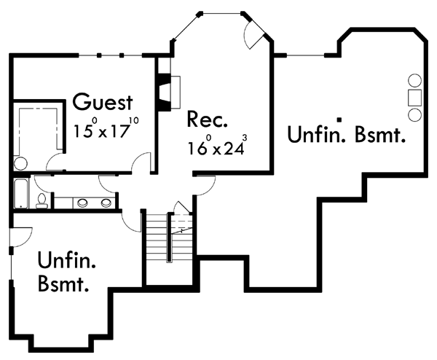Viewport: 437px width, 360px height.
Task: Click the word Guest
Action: (x=103, y=102)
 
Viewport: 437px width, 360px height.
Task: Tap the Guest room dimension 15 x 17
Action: (x=106, y=128)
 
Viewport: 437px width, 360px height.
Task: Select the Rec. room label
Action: (x=207, y=119)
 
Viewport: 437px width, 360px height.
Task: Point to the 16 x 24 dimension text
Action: (x=217, y=146)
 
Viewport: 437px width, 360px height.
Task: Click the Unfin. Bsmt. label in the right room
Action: (x=346, y=134)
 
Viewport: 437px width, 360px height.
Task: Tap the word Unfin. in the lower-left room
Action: (x=66, y=260)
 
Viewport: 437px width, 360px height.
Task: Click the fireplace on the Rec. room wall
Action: (x=168, y=93)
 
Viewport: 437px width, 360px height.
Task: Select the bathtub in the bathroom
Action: (x=21, y=194)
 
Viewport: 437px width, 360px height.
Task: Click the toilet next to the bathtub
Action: (x=42, y=201)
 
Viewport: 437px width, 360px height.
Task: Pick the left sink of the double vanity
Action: (x=82, y=203)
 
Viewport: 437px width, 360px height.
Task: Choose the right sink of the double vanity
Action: (x=106, y=203)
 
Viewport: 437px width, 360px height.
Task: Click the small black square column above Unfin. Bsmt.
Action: (x=339, y=120)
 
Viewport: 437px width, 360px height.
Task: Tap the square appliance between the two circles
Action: (x=414, y=98)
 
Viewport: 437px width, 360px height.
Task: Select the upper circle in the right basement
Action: (x=414, y=81)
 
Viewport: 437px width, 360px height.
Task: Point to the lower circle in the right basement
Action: (x=414, y=114)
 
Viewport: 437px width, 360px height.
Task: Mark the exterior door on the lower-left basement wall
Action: (x=20, y=237)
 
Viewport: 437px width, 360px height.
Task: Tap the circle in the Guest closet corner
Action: (x=20, y=164)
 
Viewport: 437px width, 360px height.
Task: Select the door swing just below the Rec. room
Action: (x=205, y=185)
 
